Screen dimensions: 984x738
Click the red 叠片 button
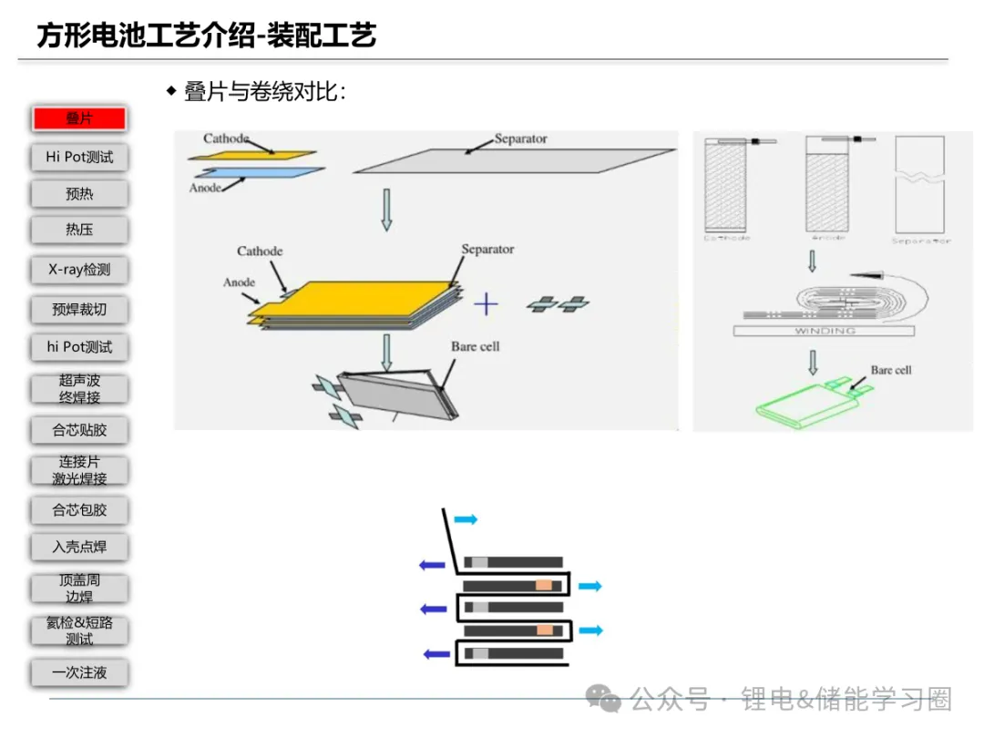pyautogui.click(x=79, y=118)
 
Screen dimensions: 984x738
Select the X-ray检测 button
pyautogui.click(x=79, y=270)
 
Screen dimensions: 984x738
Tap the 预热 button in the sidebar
pyautogui.click(x=79, y=194)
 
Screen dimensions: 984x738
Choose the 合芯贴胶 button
pyautogui.click(x=79, y=430)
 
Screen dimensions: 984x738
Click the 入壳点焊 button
pyautogui.click(x=79, y=547)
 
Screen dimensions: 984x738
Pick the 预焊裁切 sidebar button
pyautogui.click(x=79, y=310)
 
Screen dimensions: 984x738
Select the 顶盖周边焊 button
pyautogui.click(x=79, y=588)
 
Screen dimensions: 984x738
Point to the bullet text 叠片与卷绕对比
pyautogui.click(x=264, y=92)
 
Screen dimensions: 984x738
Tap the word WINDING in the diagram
pyautogui.click(x=825, y=331)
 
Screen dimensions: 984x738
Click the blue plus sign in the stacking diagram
pyautogui.click(x=487, y=303)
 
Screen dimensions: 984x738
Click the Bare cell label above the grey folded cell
pyautogui.click(x=476, y=346)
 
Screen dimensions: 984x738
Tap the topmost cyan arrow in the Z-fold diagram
pyautogui.click(x=466, y=519)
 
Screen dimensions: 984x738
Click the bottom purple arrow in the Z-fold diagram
pyautogui.click(x=438, y=652)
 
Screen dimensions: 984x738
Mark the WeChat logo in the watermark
pyautogui.click(x=603, y=699)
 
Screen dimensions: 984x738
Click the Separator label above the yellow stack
pyautogui.click(x=487, y=249)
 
